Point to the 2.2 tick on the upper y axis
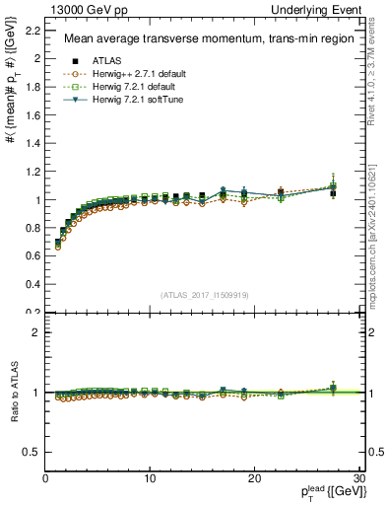pyautogui.click(x=32, y=30)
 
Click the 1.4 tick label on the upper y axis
pyautogui.click(x=32, y=143)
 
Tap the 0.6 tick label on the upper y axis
pyautogui.click(x=32, y=256)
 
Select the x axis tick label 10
pyautogui.click(x=150, y=478)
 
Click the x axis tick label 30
pyautogui.click(x=358, y=478)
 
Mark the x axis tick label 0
pyautogui.click(x=45, y=478)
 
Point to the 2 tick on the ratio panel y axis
pyautogui.click(x=35, y=332)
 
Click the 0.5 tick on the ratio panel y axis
pyautogui.click(x=32, y=452)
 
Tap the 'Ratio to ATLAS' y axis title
pyautogui.click(x=13, y=393)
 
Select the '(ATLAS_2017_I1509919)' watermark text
pyautogui.click(x=204, y=293)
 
